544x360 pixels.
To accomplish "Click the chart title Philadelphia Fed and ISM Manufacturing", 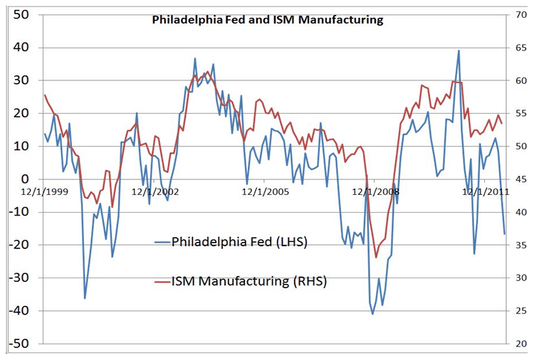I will (x=268, y=20).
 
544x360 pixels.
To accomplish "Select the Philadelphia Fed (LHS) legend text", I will (x=239, y=242).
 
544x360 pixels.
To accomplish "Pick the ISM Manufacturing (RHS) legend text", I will (x=249, y=281).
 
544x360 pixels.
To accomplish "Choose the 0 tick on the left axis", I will (x=24, y=179).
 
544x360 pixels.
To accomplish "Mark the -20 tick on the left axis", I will (x=18, y=245).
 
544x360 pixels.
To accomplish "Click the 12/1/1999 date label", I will (x=45, y=191).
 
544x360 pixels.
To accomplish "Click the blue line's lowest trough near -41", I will (x=372, y=314).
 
